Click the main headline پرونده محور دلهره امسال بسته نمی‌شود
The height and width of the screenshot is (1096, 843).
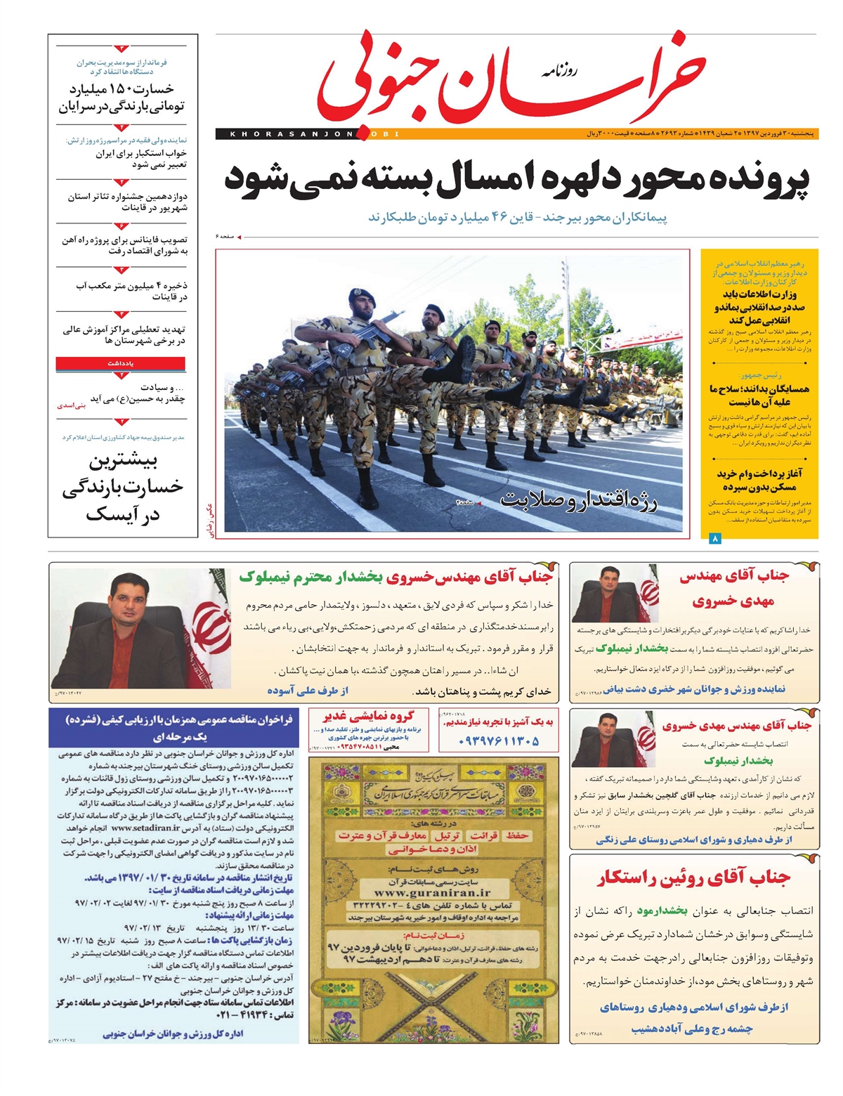pyautogui.click(x=516, y=178)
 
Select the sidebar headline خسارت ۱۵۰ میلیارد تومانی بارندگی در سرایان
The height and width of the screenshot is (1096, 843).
pyautogui.click(x=122, y=98)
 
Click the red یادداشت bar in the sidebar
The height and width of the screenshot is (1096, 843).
pyautogui.click(x=121, y=363)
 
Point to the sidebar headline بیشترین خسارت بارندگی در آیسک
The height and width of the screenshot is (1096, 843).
pyautogui.click(x=122, y=488)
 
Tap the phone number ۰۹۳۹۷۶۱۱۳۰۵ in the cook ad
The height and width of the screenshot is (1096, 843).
pyautogui.click(x=498, y=741)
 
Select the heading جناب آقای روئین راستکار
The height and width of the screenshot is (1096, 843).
pyautogui.click(x=694, y=878)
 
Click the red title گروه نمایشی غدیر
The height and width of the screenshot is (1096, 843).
pyautogui.click(x=368, y=717)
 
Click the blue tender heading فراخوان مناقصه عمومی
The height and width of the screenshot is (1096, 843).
pyautogui.click(x=179, y=719)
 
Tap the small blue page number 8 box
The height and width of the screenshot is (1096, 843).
pyautogui.click(x=715, y=539)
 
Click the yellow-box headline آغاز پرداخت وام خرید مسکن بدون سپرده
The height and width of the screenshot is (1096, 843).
pyautogui.click(x=759, y=481)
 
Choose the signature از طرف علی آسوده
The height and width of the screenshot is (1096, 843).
pyautogui.click(x=308, y=691)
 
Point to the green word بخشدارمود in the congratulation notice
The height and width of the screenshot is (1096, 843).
pyautogui.click(x=662, y=911)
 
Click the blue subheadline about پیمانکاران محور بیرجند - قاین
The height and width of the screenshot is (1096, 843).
pyautogui.click(x=518, y=217)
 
